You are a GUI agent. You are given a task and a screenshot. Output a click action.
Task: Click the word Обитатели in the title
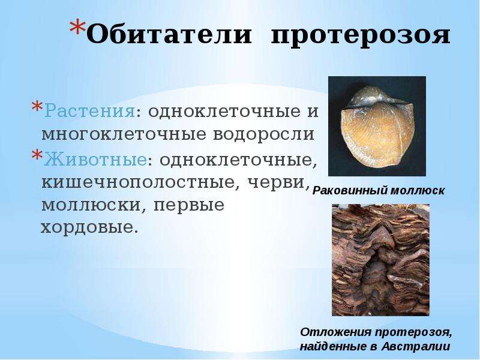coord(169,34)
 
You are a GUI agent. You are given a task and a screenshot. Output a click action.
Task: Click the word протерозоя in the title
coord(361,36)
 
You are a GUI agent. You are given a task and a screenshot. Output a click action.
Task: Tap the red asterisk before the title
coord(77,28)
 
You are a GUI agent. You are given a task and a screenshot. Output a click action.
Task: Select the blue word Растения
coord(89,112)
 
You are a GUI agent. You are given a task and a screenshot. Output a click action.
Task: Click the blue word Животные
coord(95,158)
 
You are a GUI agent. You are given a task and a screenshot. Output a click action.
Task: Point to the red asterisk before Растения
coord(37,107)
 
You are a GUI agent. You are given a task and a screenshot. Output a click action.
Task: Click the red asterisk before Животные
coord(37,155)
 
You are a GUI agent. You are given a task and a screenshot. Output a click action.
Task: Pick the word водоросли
coord(263,134)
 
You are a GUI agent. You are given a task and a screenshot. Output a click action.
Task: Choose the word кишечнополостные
coord(140,182)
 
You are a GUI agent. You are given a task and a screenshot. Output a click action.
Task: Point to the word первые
coord(189,206)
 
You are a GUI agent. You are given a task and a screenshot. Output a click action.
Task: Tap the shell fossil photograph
coord(377,126)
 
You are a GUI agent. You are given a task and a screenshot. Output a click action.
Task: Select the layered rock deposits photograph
coord(380,260)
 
